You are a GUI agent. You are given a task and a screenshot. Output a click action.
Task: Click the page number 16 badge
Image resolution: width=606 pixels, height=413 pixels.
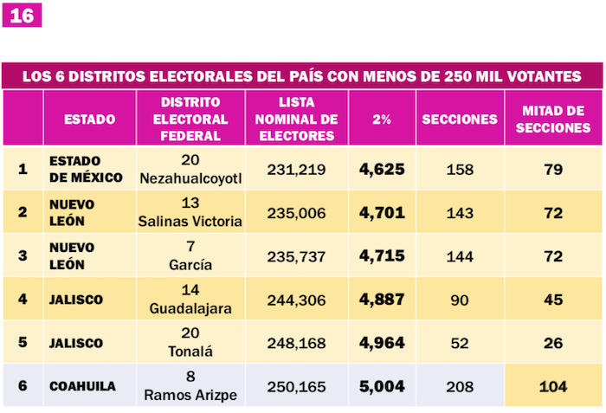21,16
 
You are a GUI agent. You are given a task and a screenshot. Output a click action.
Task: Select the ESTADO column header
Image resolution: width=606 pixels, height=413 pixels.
89,119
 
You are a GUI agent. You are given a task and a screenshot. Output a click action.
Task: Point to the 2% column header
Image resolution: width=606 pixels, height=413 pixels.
381,119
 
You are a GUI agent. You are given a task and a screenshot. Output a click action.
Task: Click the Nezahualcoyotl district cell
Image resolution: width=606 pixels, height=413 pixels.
190,169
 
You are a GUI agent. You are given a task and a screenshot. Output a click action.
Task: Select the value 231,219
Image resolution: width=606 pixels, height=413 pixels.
297,169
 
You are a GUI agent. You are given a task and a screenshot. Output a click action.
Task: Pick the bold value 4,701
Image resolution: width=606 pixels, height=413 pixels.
382,213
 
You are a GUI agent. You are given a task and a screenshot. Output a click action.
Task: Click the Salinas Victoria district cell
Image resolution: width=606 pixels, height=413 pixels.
190,213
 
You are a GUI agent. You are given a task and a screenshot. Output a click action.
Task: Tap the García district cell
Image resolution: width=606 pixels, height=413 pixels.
190,256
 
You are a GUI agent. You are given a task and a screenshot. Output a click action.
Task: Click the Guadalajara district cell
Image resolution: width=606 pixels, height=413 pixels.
190,300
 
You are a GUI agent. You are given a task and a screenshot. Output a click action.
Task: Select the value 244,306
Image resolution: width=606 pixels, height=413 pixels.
297,300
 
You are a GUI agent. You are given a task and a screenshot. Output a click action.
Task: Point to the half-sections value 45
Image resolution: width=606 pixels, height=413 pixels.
554,300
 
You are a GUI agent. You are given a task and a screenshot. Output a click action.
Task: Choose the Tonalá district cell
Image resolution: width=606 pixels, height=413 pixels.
190,343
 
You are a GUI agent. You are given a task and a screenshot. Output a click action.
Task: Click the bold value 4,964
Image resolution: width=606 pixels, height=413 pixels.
382,343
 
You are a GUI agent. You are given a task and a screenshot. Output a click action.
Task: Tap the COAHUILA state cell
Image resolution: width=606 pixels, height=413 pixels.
82,386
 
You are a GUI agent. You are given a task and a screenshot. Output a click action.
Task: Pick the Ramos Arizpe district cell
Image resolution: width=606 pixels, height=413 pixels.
190,386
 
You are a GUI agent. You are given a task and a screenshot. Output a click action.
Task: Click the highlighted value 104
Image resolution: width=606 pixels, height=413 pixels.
554,386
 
